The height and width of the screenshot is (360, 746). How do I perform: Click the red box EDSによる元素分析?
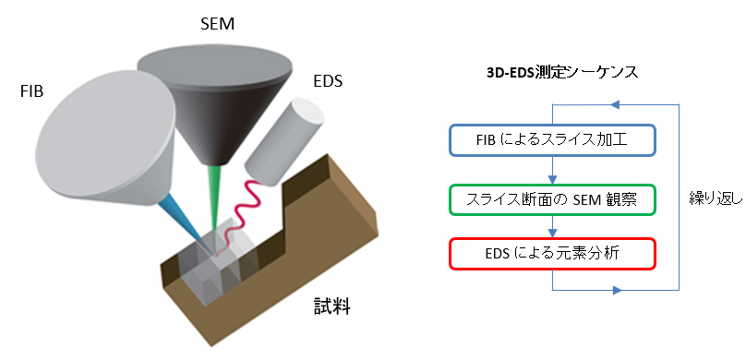551,253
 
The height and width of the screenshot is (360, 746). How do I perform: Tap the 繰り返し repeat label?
716,198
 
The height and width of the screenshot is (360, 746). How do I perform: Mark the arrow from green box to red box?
551,226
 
